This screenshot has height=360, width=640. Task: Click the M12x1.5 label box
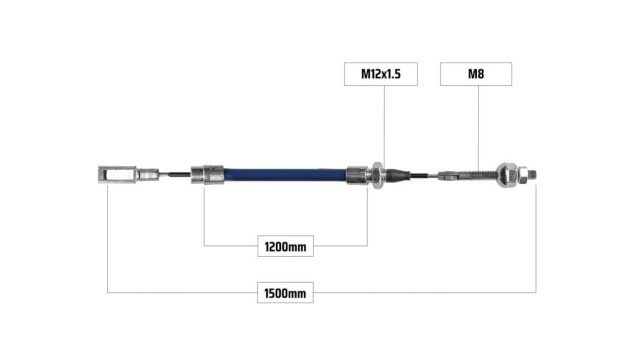[x=381, y=74]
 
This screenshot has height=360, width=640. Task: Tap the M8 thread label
[x=476, y=74]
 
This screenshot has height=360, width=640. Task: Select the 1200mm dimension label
[x=285, y=246]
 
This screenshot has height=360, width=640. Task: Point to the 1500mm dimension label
[x=285, y=293]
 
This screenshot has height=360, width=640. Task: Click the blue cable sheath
[x=285, y=175]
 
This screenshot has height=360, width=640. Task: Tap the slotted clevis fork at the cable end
[x=117, y=175]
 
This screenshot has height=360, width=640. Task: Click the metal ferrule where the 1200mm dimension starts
[x=207, y=175]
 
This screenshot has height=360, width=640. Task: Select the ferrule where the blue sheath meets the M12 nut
[x=358, y=175]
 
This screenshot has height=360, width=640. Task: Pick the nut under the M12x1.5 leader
[x=377, y=175]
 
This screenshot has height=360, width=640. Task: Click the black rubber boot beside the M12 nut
[x=398, y=175]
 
